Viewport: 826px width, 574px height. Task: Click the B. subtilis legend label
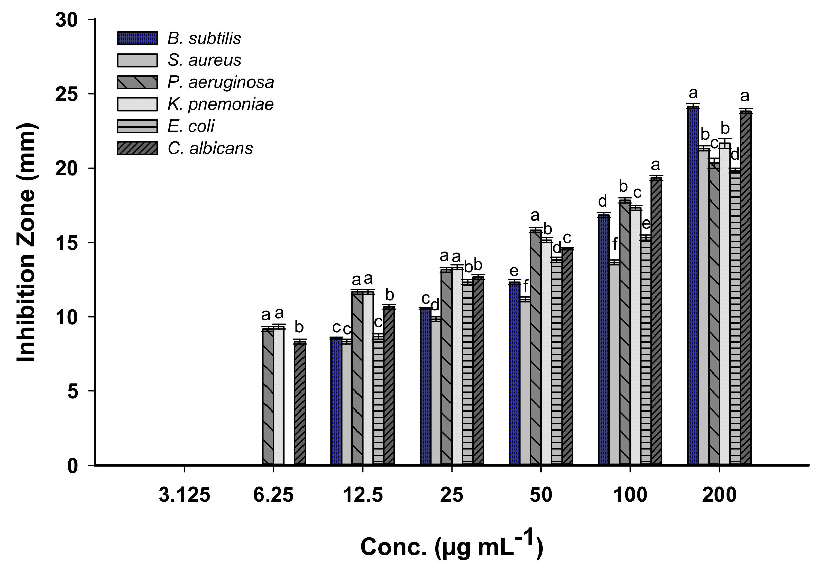[x=204, y=38]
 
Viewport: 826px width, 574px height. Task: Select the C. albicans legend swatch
[x=137, y=149]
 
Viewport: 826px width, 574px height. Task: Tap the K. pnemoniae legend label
[x=220, y=104]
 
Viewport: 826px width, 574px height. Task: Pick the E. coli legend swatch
[x=137, y=126]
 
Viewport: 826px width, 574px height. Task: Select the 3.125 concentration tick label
[x=184, y=495]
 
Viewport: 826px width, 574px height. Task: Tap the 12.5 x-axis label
[x=363, y=495]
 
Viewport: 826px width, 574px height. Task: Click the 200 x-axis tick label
[x=719, y=495]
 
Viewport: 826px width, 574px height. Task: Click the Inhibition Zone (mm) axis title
[x=26, y=242]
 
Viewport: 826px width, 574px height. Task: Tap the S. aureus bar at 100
[x=614, y=363]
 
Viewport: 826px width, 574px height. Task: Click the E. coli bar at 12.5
[x=379, y=400]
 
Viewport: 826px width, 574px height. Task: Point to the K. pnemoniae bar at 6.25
[x=279, y=395]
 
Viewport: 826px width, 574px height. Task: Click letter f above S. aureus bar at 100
[x=615, y=245]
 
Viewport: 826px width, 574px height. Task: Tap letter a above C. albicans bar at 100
[x=656, y=165]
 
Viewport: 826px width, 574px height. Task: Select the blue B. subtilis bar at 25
[x=425, y=386]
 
